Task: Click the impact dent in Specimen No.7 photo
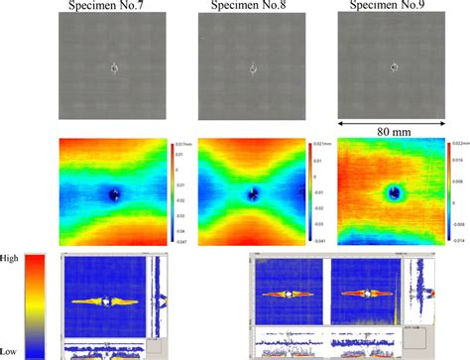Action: [x=114, y=68]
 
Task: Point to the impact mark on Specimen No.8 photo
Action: [x=254, y=69]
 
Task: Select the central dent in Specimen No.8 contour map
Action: [x=254, y=193]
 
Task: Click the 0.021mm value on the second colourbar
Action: [x=325, y=144]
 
